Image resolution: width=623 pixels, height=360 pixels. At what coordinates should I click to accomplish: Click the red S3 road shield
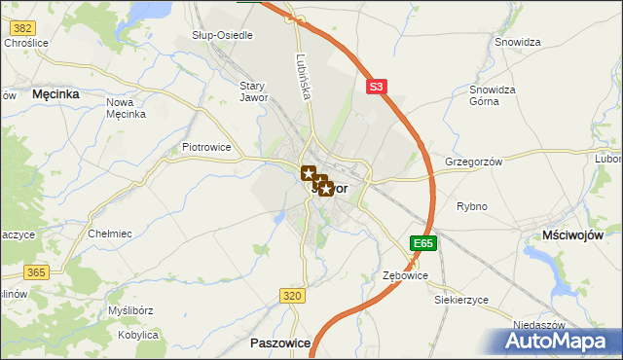pyautogui.click(x=378, y=87)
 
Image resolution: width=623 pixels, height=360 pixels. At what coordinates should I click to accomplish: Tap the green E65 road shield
pyautogui.click(x=421, y=243)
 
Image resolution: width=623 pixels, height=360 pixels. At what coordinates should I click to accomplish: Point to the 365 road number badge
pyautogui.click(x=37, y=272)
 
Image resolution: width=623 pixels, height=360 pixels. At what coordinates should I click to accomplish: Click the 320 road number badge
pyautogui.click(x=291, y=295)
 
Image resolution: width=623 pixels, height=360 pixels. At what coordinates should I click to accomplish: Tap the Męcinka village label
pyautogui.click(x=55, y=94)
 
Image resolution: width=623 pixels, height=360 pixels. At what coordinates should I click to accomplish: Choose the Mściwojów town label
pyautogui.click(x=572, y=235)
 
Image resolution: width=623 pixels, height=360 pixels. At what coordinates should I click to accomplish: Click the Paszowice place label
pyautogui.click(x=279, y=343)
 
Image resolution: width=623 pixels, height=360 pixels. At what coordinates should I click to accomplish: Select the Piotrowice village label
pyautogui.click(x=206, y=147)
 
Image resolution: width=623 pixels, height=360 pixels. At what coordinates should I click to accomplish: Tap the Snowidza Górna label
pyautogui.click(x=492, y=94)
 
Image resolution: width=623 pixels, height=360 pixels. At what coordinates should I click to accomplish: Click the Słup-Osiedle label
pyautogui.click(x=222, y=35)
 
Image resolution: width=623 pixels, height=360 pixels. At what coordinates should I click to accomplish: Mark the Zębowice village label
pyautogui.click(x=405, y=276)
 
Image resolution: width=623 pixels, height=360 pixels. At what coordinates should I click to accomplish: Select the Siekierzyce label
pyautogui.click(x=460, y=300)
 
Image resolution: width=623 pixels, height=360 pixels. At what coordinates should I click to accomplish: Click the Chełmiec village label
pyautogui.click(x=109, y=234)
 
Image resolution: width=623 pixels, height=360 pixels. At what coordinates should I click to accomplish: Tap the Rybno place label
pyautogui.click(x=472, y=206)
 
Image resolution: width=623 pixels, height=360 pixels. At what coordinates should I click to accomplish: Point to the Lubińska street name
pyautogui.click(x=304, y=74)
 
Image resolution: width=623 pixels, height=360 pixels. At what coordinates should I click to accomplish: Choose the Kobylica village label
pyautogui.click(x=137, y=335)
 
